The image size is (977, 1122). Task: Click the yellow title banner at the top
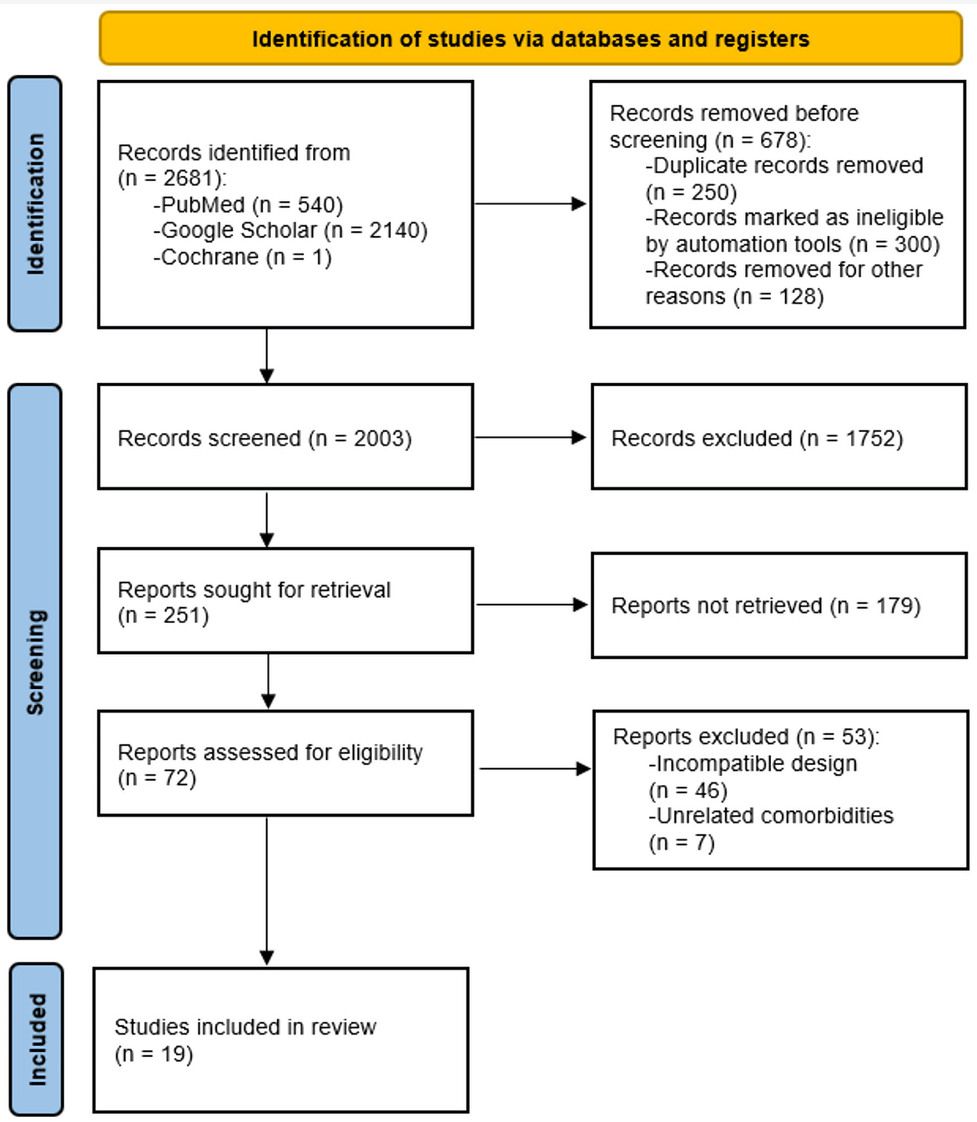tap(530, 39)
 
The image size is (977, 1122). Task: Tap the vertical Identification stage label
tap(35, 204)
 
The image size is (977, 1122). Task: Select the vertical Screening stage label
tap(35, 662)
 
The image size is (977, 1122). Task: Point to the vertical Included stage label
tap(36, 1039)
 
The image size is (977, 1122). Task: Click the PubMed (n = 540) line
tap(248, 205)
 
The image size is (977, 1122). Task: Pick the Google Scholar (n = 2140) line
tap(291, 230)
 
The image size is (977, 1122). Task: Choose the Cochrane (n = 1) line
tap(243, 257)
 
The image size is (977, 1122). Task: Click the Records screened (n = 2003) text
tap(265, 438)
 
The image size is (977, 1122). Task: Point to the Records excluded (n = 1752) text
tap(757, 438)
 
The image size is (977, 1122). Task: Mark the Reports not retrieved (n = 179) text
tap(766, 606)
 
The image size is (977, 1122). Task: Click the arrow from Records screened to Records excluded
tap(530, 437)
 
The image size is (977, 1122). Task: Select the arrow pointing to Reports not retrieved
tap(532, 605)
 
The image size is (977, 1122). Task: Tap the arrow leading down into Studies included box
tap(267, 890)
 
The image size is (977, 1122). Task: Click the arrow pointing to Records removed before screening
tap(530, 203)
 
